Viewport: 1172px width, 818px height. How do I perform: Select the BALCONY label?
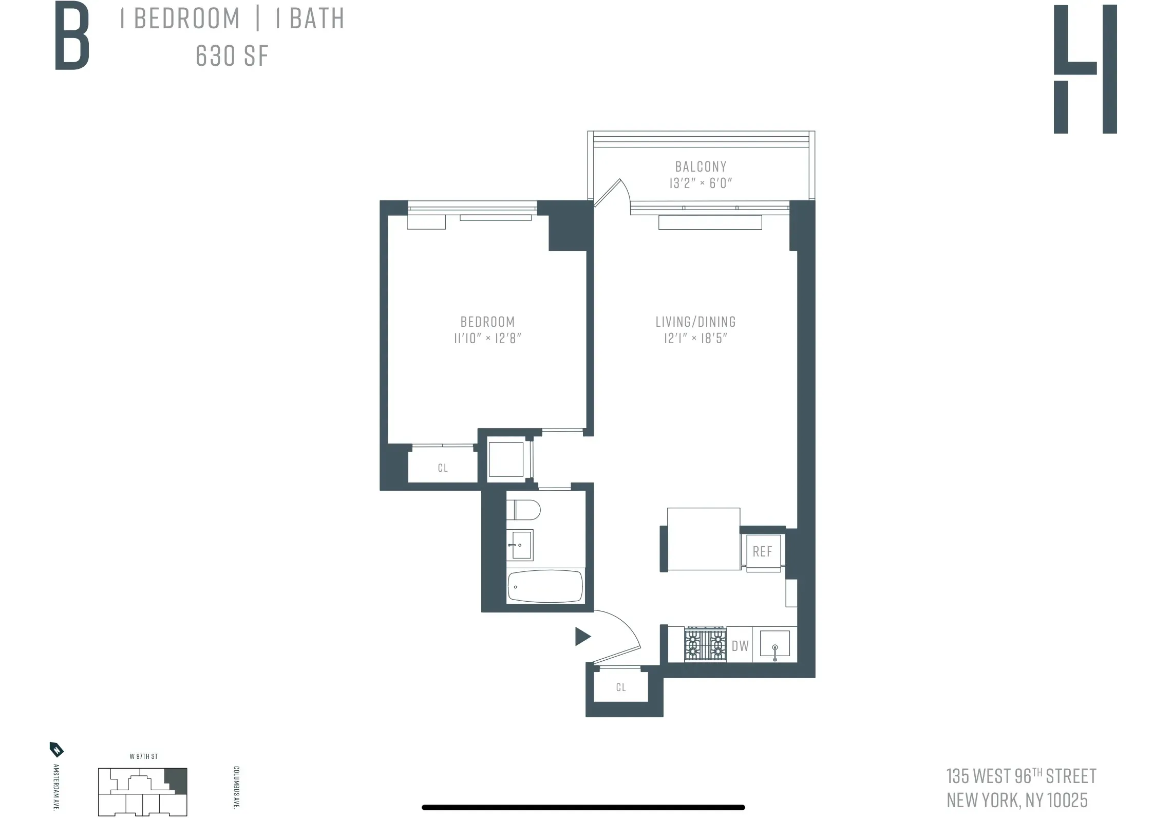pos(701,166)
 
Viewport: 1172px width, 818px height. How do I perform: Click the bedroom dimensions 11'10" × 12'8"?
pos(487,338)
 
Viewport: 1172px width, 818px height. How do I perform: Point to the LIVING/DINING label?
pos(695,322)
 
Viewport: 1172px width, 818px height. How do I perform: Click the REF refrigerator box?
pos(763,552)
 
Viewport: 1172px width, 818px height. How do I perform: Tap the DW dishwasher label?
pos(740,646)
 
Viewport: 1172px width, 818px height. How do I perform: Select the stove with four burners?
pos(705,644)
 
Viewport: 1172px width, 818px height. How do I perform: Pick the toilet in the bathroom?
pos(524,510)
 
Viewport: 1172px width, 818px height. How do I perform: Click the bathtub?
pos(545,587)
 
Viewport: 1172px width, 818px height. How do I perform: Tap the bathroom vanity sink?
pos(520,545)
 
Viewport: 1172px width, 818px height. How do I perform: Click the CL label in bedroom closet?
pos(443,468)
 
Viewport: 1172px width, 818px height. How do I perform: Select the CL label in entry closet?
pos(621,687)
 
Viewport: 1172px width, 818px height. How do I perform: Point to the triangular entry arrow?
pos(582,637)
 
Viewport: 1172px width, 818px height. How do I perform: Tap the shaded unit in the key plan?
pos(177,780)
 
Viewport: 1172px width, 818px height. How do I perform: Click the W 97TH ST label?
pos(143,756)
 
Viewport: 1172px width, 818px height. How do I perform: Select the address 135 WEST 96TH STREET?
pos(1021,776)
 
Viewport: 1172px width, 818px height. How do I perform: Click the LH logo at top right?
pos(1085,69)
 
